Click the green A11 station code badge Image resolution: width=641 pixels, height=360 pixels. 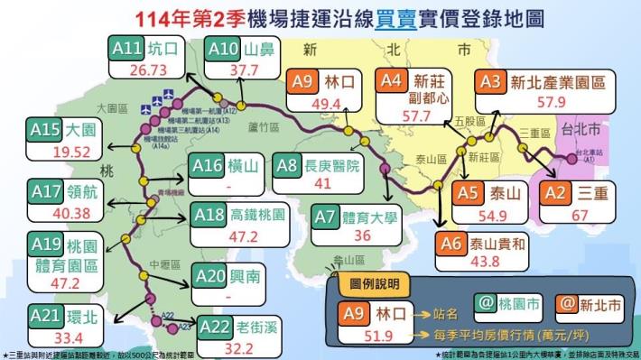(125, 47)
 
